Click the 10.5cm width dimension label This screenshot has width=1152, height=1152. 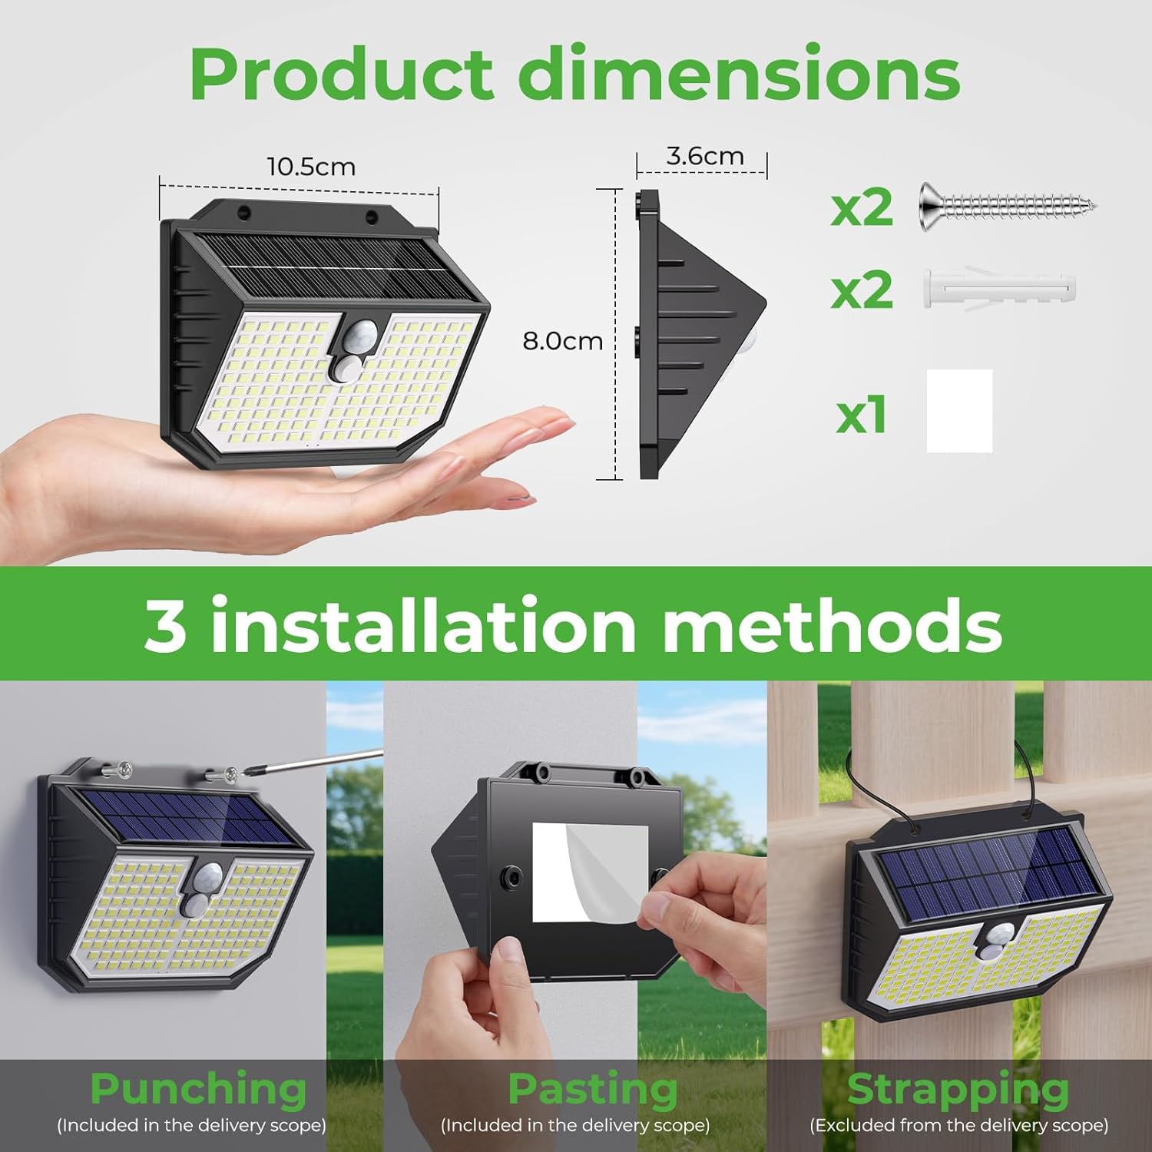pyautogui.click(x=311, y=167)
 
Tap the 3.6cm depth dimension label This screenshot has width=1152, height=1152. pyautogui.click(x=704, y=156)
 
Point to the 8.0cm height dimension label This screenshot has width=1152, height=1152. pyautogui.click(x=562, y=341)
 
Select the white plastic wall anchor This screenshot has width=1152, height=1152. pyautogui.click(x=998, y=289)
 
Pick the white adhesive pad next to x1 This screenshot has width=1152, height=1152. pyautogui.click(x=959, y=411)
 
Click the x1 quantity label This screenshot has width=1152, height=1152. pyautogui.click(x=861, y=415)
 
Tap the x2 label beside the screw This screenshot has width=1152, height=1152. pyautogui.click(x=862, y=207)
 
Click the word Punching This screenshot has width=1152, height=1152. pyautogui.click(x=198, y=1089)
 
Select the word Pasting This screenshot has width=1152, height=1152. pyautogui.click(x=593, y=1089)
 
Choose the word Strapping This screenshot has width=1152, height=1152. pyautogui.click(x=958, y=1089)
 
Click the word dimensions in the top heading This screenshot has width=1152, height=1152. pyautogui.click(x=739, y=74)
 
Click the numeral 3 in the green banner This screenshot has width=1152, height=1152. pyautogui.click(x=165, y=625)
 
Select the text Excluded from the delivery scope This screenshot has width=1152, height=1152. pyautogui.click(x=959, y=1126)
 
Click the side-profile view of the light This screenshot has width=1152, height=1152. pyautogui.click(x=691, y=334)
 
